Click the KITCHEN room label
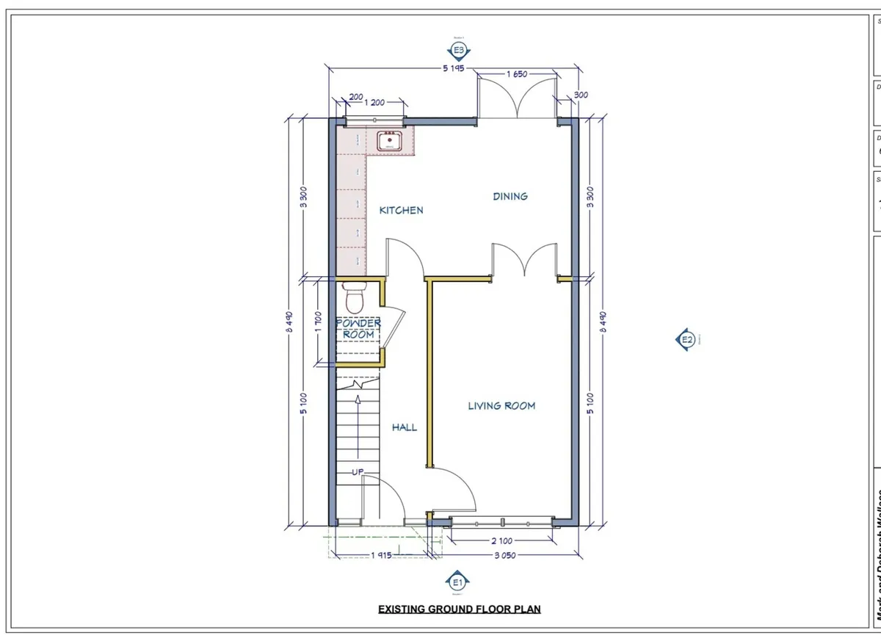click(x=401, y=210)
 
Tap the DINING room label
click(x=510, y=196)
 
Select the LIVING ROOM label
click(x=501, y=405)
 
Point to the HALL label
click(x=404, y=427)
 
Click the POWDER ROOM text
click(x=358, y=328)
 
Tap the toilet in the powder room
click(x=353, y=297)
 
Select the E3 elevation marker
click(x=459, y=50)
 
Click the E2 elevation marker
click(x=686, y=339)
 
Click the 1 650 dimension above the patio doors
click(x=517, y=74)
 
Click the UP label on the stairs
click(x=358, y=471)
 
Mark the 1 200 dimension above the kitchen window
click(x=373, y=102)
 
